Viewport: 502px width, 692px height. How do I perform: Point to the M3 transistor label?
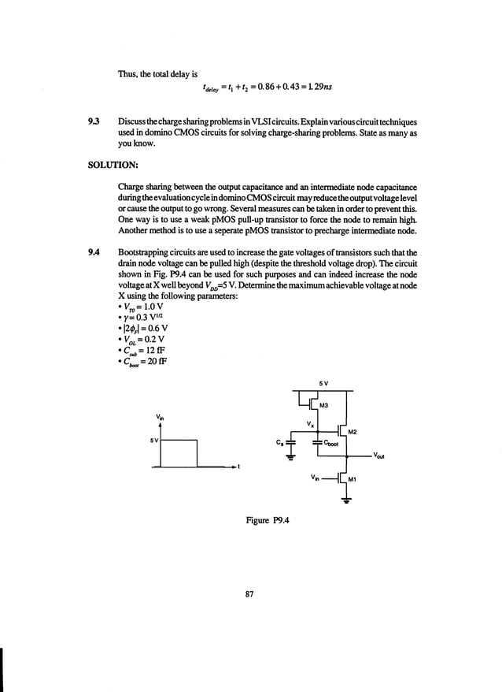(323, 405)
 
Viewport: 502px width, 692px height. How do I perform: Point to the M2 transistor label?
(353, 432)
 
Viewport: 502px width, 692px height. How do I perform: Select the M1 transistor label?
(353, 478)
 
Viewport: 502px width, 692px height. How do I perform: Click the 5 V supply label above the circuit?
(323, 384)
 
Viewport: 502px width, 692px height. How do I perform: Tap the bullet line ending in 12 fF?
(145, 349)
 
